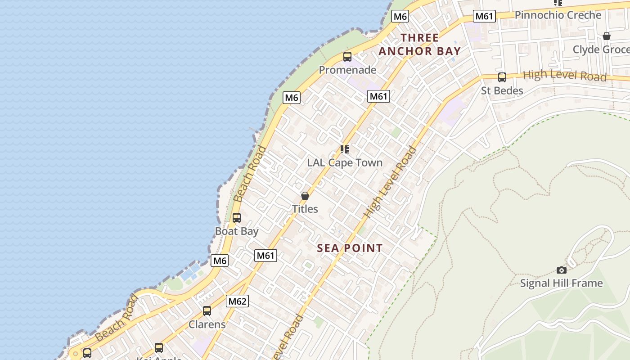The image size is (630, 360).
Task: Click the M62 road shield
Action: point(237,301)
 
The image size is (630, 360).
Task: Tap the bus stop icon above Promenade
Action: point(347,57)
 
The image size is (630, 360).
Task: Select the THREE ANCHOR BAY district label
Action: point(419,45)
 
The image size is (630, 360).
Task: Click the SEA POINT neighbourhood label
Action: point(350,248)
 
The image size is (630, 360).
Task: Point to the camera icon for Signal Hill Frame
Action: point(561,270)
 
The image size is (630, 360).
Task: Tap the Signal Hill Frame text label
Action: point(561,283)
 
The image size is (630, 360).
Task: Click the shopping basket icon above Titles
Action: point(305,196)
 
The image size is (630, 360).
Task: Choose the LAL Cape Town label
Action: point(345,162)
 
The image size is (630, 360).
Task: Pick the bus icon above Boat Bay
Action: point(237,218)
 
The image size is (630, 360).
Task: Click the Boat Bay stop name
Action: point(237,231)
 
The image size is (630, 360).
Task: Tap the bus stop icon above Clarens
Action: point(207,311)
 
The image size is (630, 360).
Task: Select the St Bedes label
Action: point(502,90)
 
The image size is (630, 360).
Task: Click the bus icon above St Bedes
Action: point(502,77)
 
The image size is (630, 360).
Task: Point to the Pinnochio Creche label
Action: point(558,15)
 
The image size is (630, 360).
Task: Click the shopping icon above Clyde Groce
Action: point(607,36)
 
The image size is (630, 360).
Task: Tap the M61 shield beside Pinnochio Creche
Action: point(484,16)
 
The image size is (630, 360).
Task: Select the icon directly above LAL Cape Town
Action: point(345,149)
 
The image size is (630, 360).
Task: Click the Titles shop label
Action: point(305,209)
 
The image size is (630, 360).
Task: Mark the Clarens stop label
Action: point(207,324)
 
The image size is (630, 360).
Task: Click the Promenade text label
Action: point(347,70)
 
